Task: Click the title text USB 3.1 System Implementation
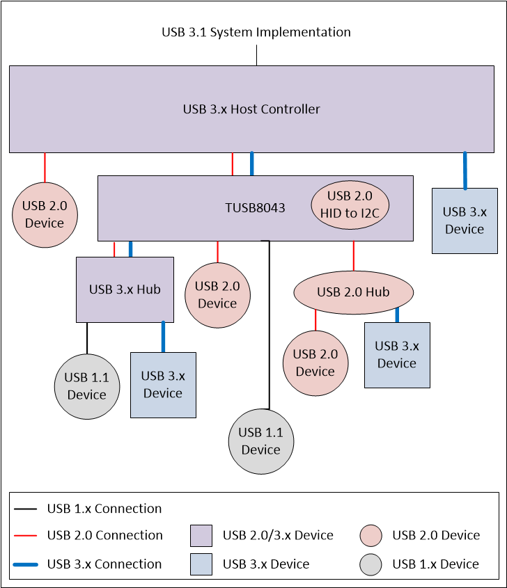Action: [x=256, y=32]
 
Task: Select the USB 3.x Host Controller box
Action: [x=251, y=109]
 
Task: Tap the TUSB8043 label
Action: [x=255, y=207]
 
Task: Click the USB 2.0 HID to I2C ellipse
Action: [x=350, y=205]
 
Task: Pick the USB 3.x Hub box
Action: [x=125, y=289]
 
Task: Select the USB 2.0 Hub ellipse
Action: [x=354, y=292]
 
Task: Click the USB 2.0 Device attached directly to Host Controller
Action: [x=45, y=214]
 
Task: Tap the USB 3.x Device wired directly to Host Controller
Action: [x=465, y=221]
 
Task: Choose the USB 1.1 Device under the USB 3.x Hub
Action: [x=86, y=386]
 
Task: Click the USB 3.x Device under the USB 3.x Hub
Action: [x=163, y=385]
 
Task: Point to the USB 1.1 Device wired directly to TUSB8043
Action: [x=261, y=441]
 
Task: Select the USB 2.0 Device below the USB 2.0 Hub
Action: [x=315, y=363]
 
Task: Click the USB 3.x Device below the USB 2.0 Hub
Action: [x=397, y=355]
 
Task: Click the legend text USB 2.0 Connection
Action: [x=104, y=535]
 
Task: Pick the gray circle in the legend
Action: [x=371, y=564]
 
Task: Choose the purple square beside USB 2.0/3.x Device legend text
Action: [x=201, y=535]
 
